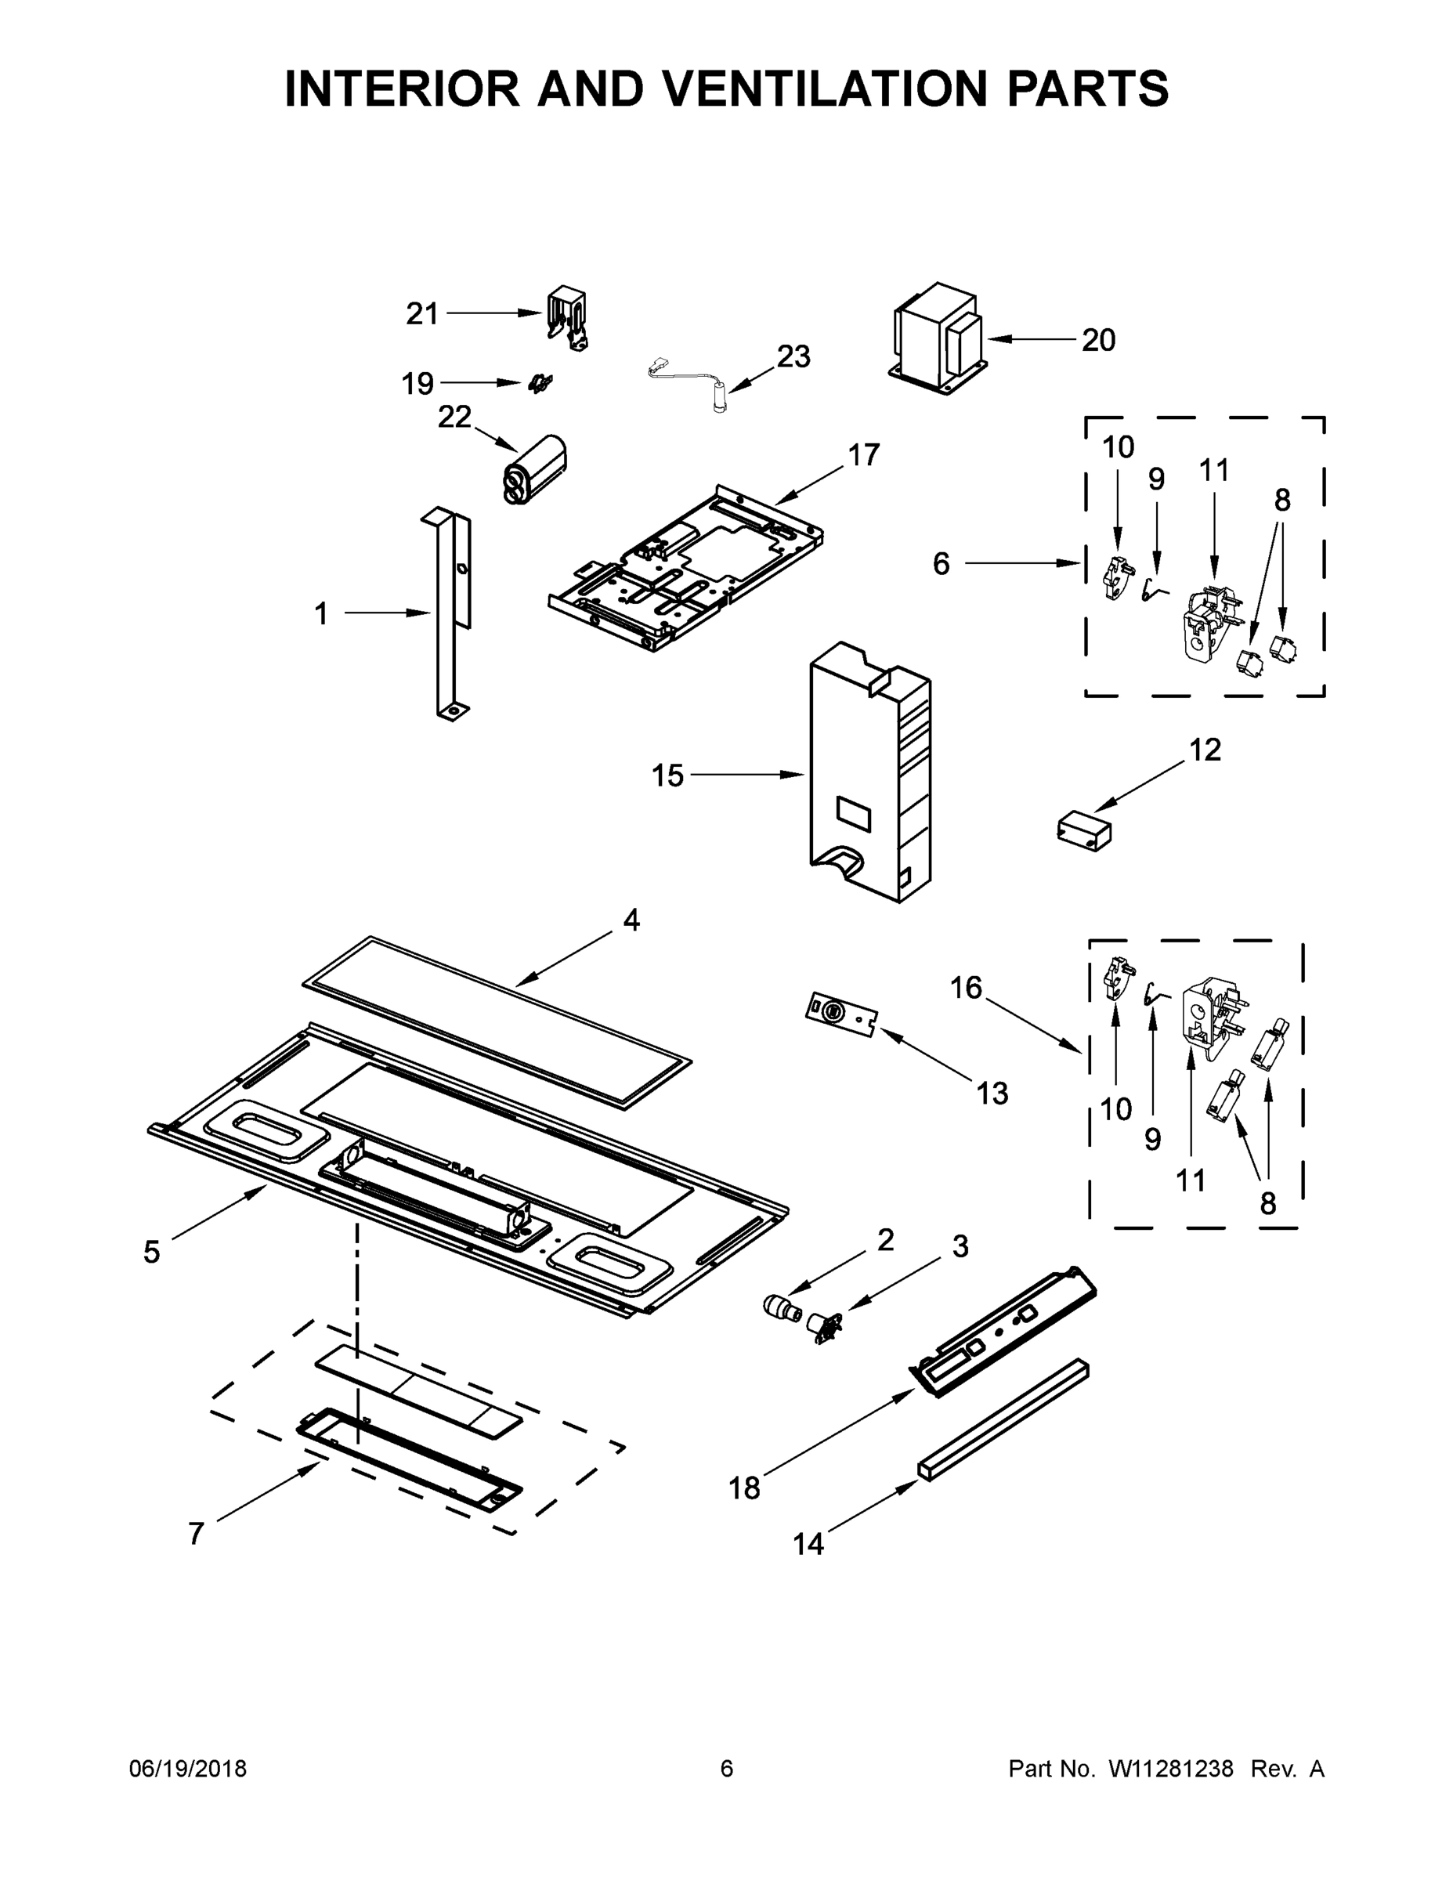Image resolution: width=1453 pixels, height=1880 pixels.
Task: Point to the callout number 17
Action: point(863,454)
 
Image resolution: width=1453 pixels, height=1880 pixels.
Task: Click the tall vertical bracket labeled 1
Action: point(451,611)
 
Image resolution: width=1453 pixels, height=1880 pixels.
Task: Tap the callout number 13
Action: point(992,1094)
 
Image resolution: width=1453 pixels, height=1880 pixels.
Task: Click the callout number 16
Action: point(966,987)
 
